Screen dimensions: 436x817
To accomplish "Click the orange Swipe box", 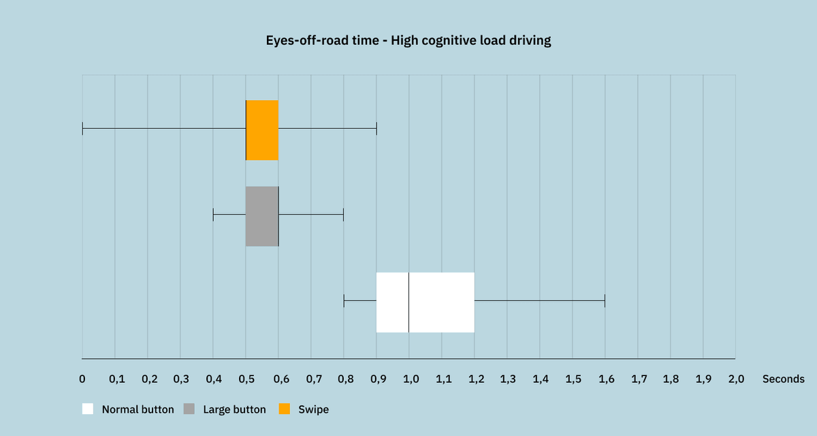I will [262, 130].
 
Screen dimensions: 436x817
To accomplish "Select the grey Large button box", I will [262, 216].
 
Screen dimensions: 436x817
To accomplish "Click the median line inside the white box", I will [408, 302].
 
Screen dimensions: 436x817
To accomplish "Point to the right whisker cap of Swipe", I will [377, 129].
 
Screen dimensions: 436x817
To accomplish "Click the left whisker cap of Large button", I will [213, 215].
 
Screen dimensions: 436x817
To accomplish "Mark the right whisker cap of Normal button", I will [605, 301].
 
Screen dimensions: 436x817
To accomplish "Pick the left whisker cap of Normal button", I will [344, 301].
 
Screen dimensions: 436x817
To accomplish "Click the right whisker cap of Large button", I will [343, 215].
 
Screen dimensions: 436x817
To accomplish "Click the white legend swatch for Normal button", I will [88, 409].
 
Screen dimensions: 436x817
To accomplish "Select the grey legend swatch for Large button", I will [189, 409].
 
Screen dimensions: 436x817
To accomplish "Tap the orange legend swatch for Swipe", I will [285, 409].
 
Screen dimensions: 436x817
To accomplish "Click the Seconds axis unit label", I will [783, 379].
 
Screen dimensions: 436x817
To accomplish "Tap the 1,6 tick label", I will [606, 379].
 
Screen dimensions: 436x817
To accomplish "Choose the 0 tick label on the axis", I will [82, 379].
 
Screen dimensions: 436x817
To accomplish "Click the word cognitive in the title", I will [450, 41].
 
